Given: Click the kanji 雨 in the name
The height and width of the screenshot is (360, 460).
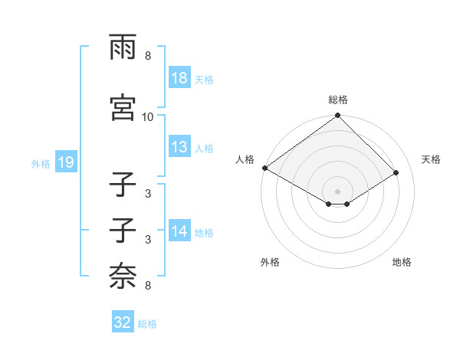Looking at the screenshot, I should (x=123, y=47).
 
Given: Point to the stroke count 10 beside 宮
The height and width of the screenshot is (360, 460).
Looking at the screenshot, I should (x=148, y=117).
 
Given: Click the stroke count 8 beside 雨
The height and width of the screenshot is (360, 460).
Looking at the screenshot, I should (x=148, y=57).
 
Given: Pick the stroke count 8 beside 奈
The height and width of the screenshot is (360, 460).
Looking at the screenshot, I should (x=148, y=286).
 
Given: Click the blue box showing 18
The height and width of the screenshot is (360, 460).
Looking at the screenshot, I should (x=179, y=78).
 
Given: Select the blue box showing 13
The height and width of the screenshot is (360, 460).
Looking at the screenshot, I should (x=179, y=147).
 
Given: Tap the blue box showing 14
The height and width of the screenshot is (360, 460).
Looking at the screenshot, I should (x=179, y=231).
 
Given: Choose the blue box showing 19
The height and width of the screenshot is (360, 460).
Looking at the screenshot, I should (x=64, y=162).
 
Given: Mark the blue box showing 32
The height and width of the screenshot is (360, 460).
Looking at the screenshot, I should (x=123, y=322).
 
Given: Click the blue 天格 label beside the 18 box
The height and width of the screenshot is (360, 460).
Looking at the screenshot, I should (x=204, y=79).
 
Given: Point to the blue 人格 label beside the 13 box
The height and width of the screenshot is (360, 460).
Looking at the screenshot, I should (x=204, y=148).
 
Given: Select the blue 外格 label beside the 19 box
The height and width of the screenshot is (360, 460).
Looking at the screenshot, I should (x=41, y=163).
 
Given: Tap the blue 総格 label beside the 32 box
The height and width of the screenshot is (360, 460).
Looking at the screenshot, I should (x=147, y=324).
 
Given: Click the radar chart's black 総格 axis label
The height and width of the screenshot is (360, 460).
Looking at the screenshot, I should (x=338, y=100).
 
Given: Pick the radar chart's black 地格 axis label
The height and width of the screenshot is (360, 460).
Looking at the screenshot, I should (x=402, y=262).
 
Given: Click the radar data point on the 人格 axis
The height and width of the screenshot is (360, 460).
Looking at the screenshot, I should (x=264, y=168).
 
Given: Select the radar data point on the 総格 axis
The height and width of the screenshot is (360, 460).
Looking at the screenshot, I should (x=338, y=116).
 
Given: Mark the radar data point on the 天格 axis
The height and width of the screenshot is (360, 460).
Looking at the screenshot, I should (x=396, y=172).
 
